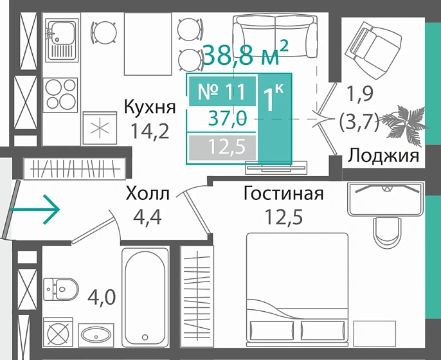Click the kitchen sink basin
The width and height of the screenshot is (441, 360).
[x=62, y=30]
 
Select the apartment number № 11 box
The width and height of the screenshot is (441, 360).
[x=221, y=91]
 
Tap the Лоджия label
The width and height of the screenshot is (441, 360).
[x=384, y=156]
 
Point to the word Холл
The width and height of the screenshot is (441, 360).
[x=148, y=194]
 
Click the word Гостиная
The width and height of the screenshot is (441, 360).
[x=283, y=194]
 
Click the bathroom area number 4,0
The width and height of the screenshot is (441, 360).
[x=102, y=298]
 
